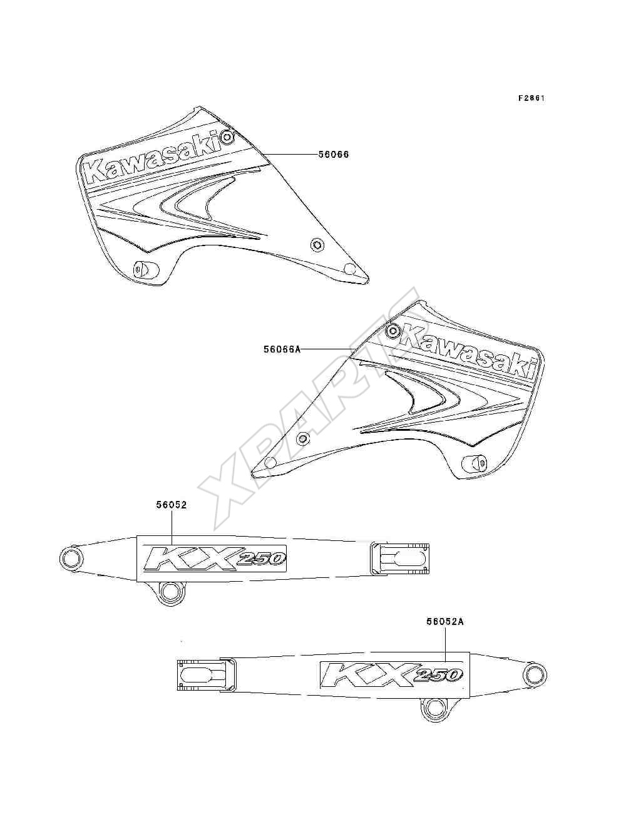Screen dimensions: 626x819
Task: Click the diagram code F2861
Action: pos(531,98)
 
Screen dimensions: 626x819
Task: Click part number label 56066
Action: pos(334,155)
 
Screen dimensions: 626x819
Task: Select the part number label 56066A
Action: pos(282,349)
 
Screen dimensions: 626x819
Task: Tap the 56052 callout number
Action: pos(172,505)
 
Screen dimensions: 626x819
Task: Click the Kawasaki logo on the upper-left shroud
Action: pos(153,158)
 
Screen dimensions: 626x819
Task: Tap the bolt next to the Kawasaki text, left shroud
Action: pos(227,138)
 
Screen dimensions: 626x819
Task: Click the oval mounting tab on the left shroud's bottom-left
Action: pos(146,269)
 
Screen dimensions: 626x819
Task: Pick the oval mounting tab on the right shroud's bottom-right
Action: pos(474,463)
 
